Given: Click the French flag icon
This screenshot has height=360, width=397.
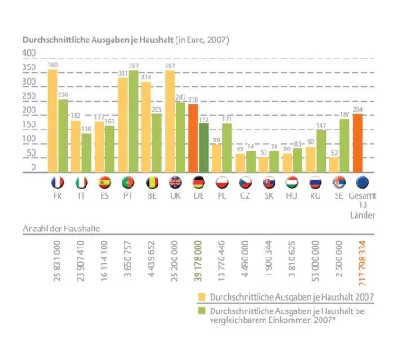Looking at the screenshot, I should (x=57, y=183).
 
